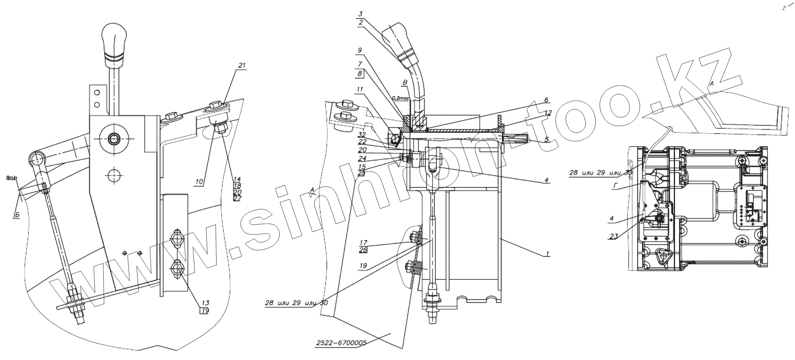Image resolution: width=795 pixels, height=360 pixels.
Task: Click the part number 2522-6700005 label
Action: click(341, 343)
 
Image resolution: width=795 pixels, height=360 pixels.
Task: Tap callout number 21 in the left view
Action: click(242, 65)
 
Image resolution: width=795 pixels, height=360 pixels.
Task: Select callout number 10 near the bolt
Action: click(200, 182)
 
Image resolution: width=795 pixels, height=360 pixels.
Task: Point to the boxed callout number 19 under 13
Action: click(204, 310)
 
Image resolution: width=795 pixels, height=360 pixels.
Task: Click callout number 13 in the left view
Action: click(205, 303)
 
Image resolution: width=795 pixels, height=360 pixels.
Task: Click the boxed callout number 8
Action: click(360, 74)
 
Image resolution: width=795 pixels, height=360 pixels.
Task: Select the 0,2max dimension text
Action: click(401, 98)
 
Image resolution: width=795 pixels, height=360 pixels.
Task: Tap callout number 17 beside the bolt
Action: click(363, 242)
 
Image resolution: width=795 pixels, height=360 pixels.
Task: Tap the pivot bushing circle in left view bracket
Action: click(114, 139)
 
